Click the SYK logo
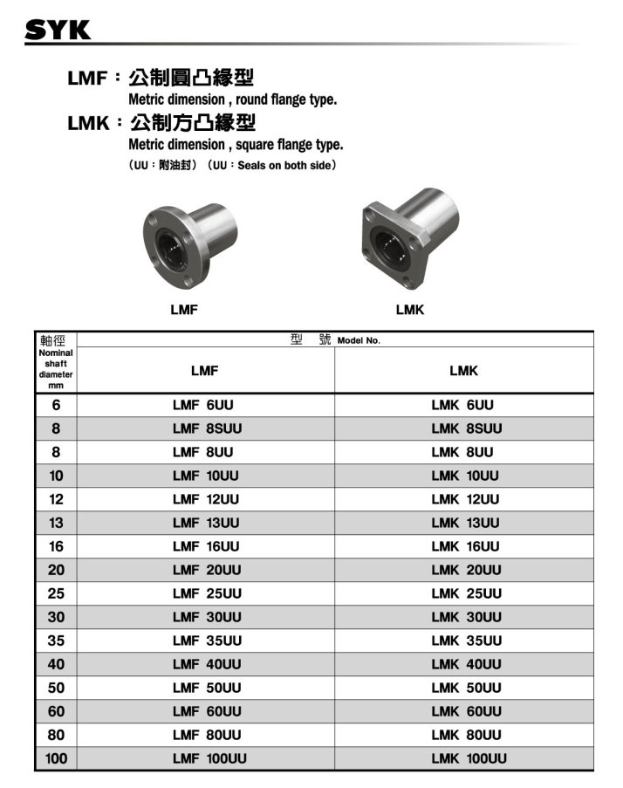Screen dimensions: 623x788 [58, 30]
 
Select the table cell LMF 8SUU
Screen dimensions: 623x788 [207, 428]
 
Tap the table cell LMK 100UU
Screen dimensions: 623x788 [469, 758]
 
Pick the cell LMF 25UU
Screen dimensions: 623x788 [207, 593]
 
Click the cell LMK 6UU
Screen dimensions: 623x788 [462, 405]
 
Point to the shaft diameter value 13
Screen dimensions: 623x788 [56, 523]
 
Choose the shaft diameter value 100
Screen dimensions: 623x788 [56, 758]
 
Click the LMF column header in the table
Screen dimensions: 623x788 [204, 371]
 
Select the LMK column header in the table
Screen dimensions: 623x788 [463, 371]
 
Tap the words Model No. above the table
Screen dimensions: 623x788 [359, 340]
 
